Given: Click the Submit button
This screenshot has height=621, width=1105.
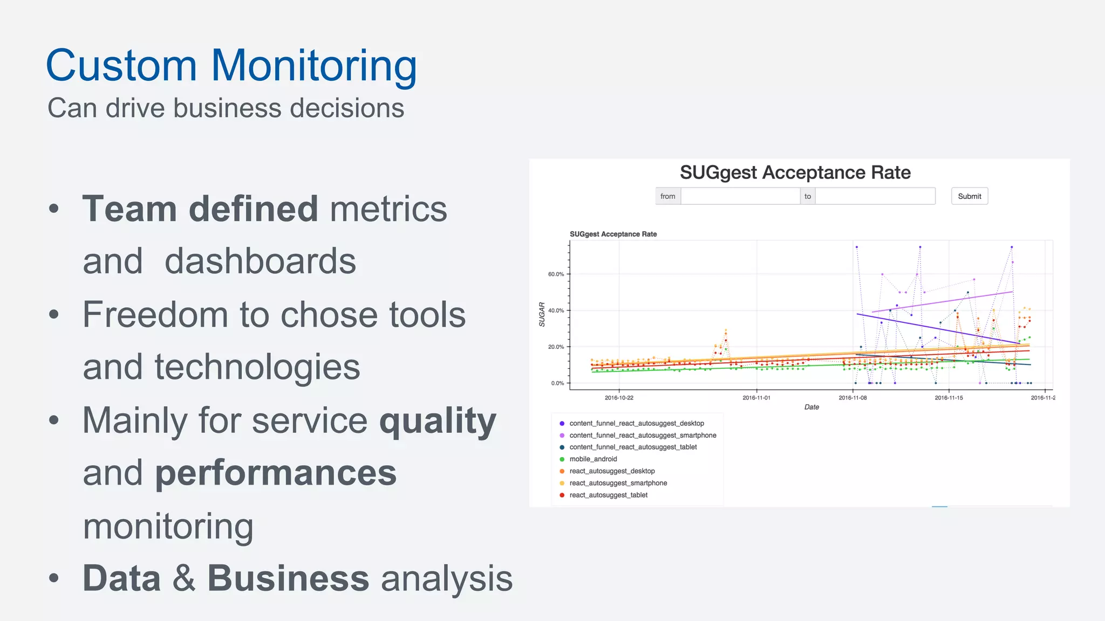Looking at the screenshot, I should (969, 196).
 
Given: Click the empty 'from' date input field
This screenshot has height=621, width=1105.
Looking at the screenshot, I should (740, 196).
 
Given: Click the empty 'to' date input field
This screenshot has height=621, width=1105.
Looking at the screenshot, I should (875, 196).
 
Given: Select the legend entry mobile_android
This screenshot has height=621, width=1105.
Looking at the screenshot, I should (593, 459).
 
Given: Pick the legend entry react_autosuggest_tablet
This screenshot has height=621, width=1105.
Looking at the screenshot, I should (608, 495).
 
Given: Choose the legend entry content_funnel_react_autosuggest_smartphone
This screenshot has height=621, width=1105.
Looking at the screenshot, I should (643, 436).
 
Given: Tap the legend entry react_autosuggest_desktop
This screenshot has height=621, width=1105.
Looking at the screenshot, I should (612, 471).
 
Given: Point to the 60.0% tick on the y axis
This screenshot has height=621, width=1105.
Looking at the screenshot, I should (556, 274).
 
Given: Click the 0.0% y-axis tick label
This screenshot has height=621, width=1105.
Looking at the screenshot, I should (557, 383).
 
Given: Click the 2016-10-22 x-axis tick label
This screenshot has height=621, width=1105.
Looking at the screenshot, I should (619, 398).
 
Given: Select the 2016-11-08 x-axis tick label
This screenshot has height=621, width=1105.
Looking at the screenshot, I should (852, 398).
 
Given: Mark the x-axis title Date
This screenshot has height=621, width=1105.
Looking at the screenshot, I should (811, 407).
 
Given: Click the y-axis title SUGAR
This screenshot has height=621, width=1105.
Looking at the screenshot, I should (542, 314).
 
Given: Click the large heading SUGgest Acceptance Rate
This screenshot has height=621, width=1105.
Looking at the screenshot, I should (795, 172).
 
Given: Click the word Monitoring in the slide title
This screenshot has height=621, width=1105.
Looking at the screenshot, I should (313, 66).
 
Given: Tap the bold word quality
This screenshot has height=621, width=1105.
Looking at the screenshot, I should (438, 420).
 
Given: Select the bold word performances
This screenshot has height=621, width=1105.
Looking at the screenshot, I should (276, 473).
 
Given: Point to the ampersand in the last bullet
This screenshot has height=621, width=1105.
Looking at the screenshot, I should (184, 578).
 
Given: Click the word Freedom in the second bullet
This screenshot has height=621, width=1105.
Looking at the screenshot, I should (155, 314).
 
